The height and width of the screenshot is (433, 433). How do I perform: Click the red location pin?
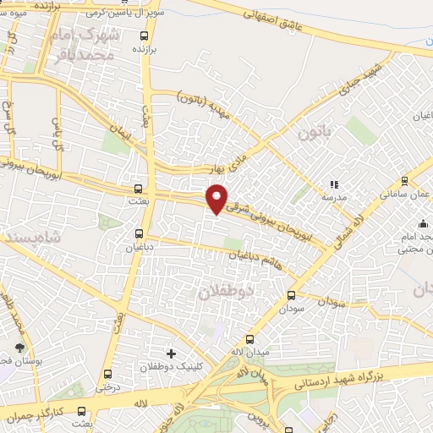click(x=217, y=199)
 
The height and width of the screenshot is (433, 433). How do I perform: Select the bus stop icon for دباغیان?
click(x=139, y=233)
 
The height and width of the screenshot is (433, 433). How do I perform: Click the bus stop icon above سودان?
click(x=292, y=295)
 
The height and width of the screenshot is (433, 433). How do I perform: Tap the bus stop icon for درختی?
click(x=107, y=374)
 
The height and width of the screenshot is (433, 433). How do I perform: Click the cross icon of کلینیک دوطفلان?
click(x=172, y=353)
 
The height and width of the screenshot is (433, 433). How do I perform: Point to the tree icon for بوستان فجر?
click(x=20, y=348)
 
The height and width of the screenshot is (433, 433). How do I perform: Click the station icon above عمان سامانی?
click(x=404, y=180)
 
